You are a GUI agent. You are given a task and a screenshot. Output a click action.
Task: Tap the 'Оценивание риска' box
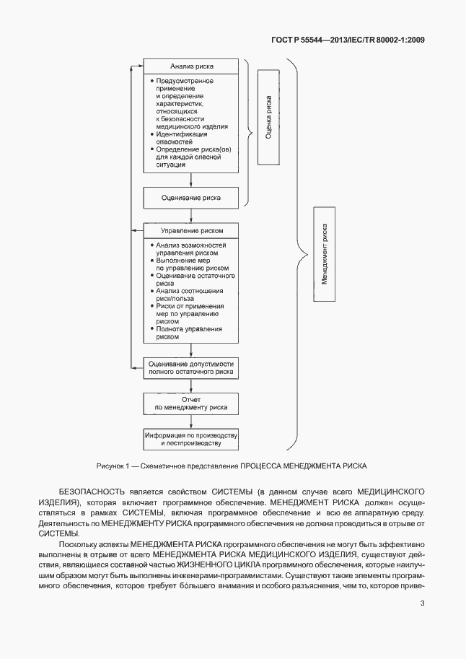190,197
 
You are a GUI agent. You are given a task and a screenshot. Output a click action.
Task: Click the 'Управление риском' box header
190,231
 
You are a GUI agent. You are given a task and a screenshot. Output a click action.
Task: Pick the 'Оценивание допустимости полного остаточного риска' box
190,367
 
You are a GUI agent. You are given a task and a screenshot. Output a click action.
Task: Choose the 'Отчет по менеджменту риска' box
190,403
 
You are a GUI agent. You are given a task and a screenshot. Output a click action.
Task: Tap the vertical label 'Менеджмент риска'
325,255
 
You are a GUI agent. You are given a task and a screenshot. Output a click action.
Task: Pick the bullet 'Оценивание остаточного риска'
189,279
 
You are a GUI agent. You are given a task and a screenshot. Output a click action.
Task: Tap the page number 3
422,603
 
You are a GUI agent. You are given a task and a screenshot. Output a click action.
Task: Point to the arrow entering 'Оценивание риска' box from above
190,180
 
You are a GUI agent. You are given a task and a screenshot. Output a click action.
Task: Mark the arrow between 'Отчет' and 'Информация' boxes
190,422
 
